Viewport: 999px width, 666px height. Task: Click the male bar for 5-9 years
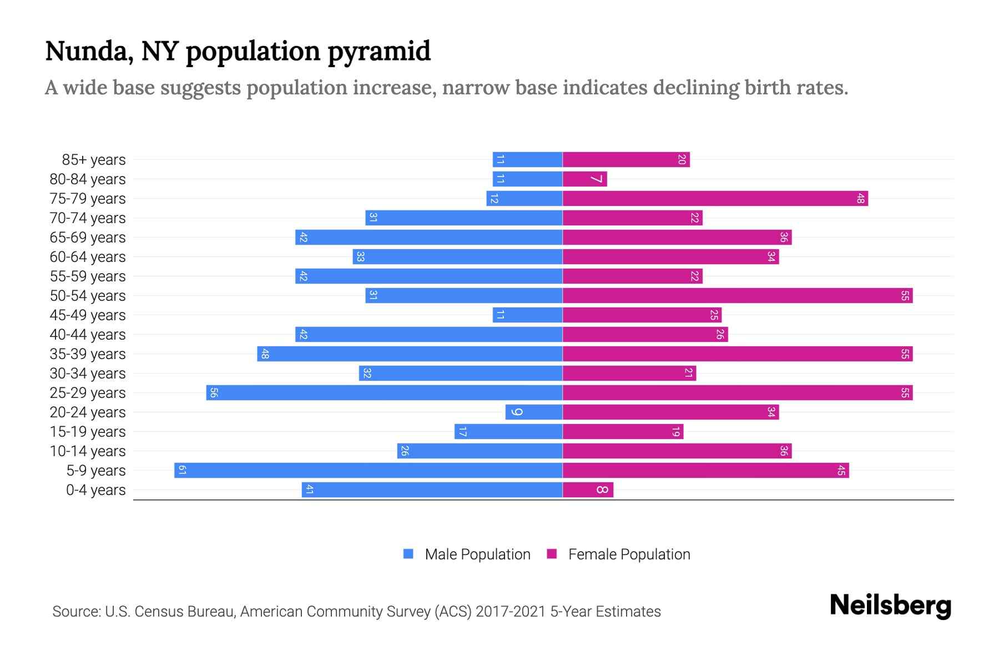[369, 471]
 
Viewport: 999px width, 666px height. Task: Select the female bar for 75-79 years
[715, 199]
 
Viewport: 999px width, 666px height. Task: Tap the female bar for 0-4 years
[588, 490]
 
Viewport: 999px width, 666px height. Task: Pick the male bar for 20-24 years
[534, 412]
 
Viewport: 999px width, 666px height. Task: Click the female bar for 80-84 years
[584, 179]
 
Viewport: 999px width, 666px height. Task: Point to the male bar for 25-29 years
[384, 393]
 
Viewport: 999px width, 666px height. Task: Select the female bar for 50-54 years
[737, 296]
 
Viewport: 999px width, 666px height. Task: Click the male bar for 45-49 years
[527, 315]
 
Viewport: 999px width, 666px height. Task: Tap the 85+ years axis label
[93, 160]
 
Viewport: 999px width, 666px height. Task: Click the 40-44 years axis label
[88, 335]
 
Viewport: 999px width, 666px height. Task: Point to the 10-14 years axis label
[88, 451]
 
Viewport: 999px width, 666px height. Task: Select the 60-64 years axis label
[88, 257]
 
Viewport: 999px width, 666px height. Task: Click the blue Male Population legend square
[408, 554]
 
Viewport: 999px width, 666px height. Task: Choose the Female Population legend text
[629, 554]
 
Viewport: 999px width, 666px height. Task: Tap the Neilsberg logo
[890, 606]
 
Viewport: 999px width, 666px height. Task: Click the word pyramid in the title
[379, 52]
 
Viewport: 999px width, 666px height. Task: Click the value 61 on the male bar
[182, 471]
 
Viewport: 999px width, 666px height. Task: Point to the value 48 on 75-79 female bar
[860, 199]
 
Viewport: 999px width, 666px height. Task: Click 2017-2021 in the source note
[511, 612]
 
